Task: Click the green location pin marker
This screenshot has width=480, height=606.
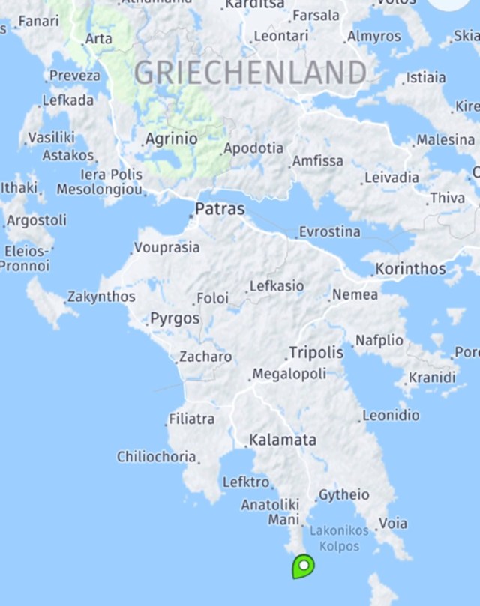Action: (303, 566)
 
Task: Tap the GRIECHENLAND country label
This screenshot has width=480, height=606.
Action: (250, 73)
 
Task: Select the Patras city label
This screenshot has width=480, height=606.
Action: (220, 209)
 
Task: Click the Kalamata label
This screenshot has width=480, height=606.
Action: (283, 440)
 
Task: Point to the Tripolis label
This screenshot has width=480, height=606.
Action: (316, 352)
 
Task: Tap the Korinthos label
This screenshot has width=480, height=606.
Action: (410, 268)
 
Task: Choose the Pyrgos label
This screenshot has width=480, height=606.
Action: (175, 318)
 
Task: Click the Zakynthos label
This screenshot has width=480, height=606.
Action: (101, 297)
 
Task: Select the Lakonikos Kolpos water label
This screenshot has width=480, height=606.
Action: (339, 538)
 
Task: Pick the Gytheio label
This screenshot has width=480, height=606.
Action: (344, 494)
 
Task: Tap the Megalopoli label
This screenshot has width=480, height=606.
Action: (289, 373)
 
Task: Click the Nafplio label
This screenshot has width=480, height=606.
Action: (379, 340)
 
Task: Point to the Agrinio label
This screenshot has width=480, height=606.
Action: (171, 139)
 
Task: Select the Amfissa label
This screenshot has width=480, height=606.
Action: (318, 160)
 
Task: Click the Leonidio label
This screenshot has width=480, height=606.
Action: (391, 414)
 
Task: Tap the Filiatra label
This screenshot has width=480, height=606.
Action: (191, 419)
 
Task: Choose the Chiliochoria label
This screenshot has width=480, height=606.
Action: (156, 456)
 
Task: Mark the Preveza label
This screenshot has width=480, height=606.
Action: (74, 76)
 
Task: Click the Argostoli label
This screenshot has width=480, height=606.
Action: (36, 220)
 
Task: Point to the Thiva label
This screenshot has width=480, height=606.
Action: (447, 198)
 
